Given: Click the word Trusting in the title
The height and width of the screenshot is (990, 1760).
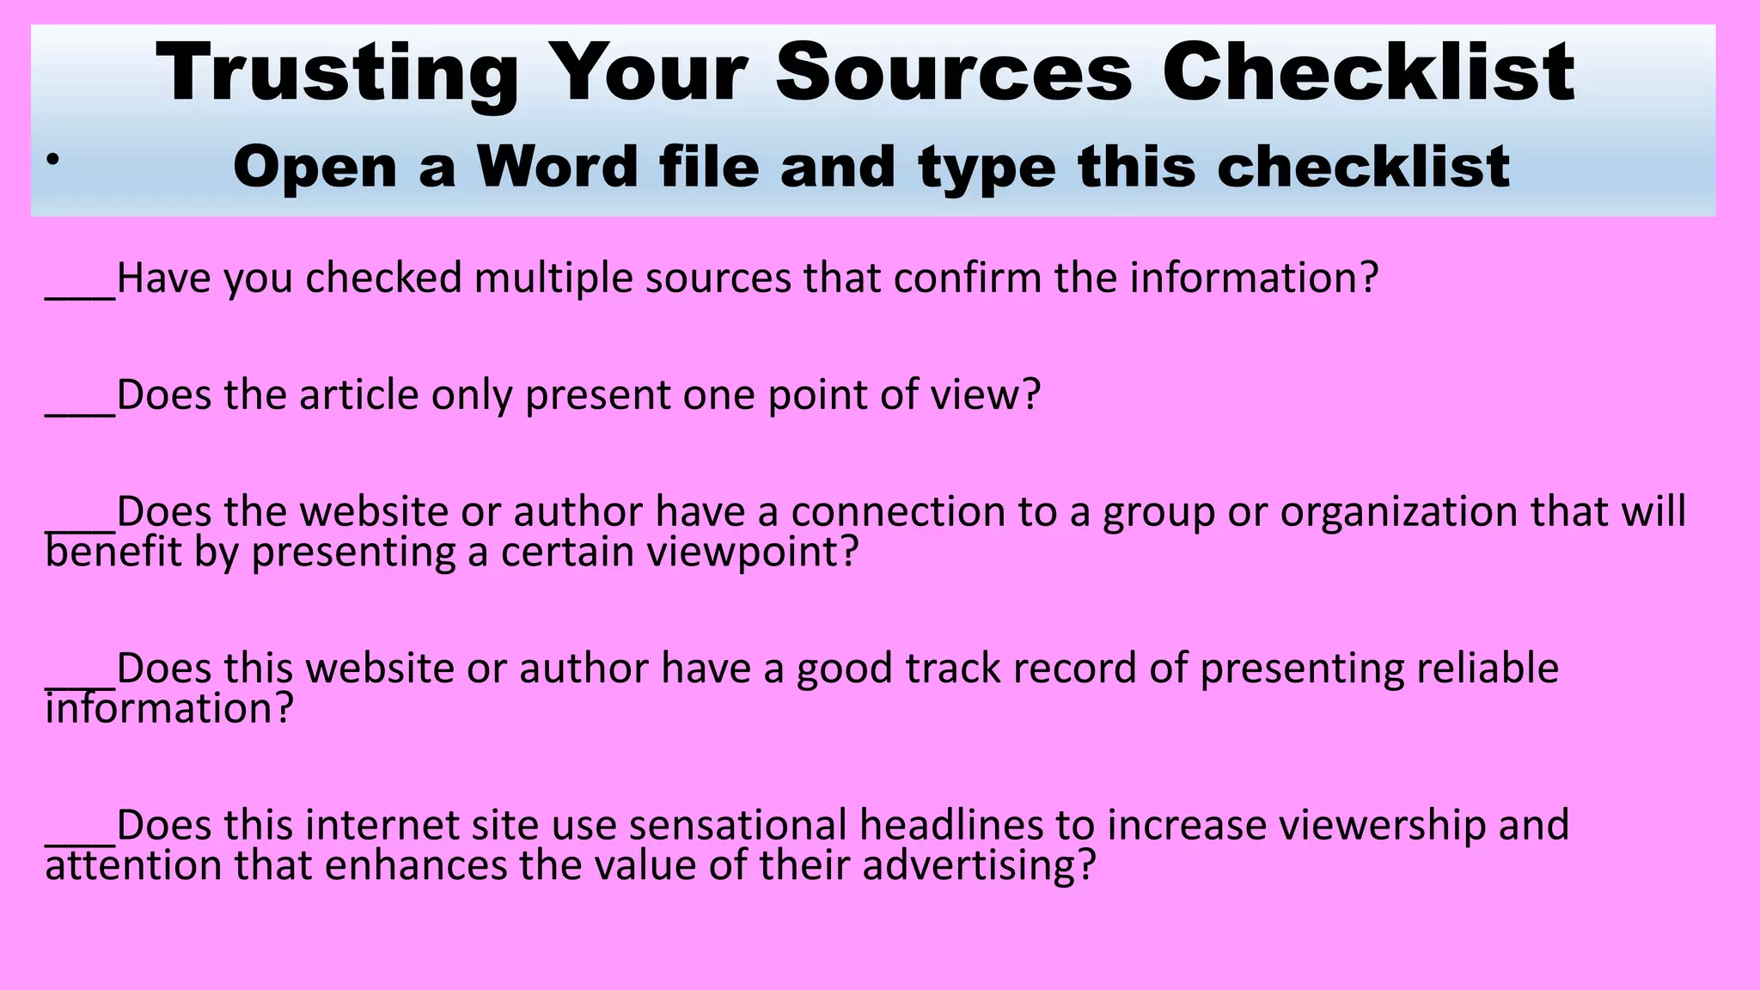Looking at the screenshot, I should [x=337, y=74].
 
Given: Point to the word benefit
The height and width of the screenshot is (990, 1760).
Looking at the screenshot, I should [x=113, y=552].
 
